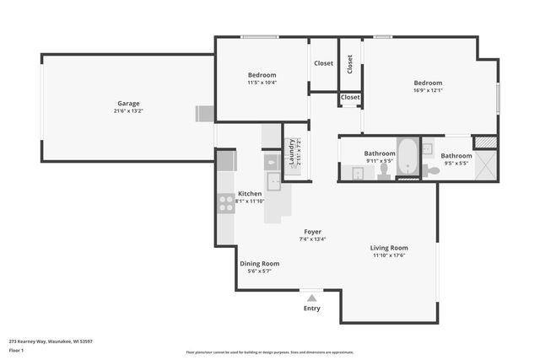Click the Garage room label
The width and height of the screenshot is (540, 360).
128,103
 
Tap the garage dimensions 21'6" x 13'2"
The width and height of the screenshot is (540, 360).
128,111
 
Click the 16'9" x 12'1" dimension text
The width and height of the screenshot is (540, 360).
428,91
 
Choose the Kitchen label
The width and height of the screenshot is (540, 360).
250,193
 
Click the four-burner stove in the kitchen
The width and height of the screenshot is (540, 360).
226,203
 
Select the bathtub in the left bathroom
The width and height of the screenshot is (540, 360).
408,157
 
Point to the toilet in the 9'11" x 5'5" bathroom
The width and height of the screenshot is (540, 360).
384,171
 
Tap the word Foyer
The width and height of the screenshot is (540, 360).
312,231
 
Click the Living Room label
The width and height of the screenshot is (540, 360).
389,247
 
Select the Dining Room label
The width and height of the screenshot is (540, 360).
260,263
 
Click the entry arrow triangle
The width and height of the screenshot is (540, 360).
311,297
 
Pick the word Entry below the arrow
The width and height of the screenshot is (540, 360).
311,308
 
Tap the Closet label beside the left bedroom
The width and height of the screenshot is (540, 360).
323,63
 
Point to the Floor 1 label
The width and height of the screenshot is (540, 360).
17,349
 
